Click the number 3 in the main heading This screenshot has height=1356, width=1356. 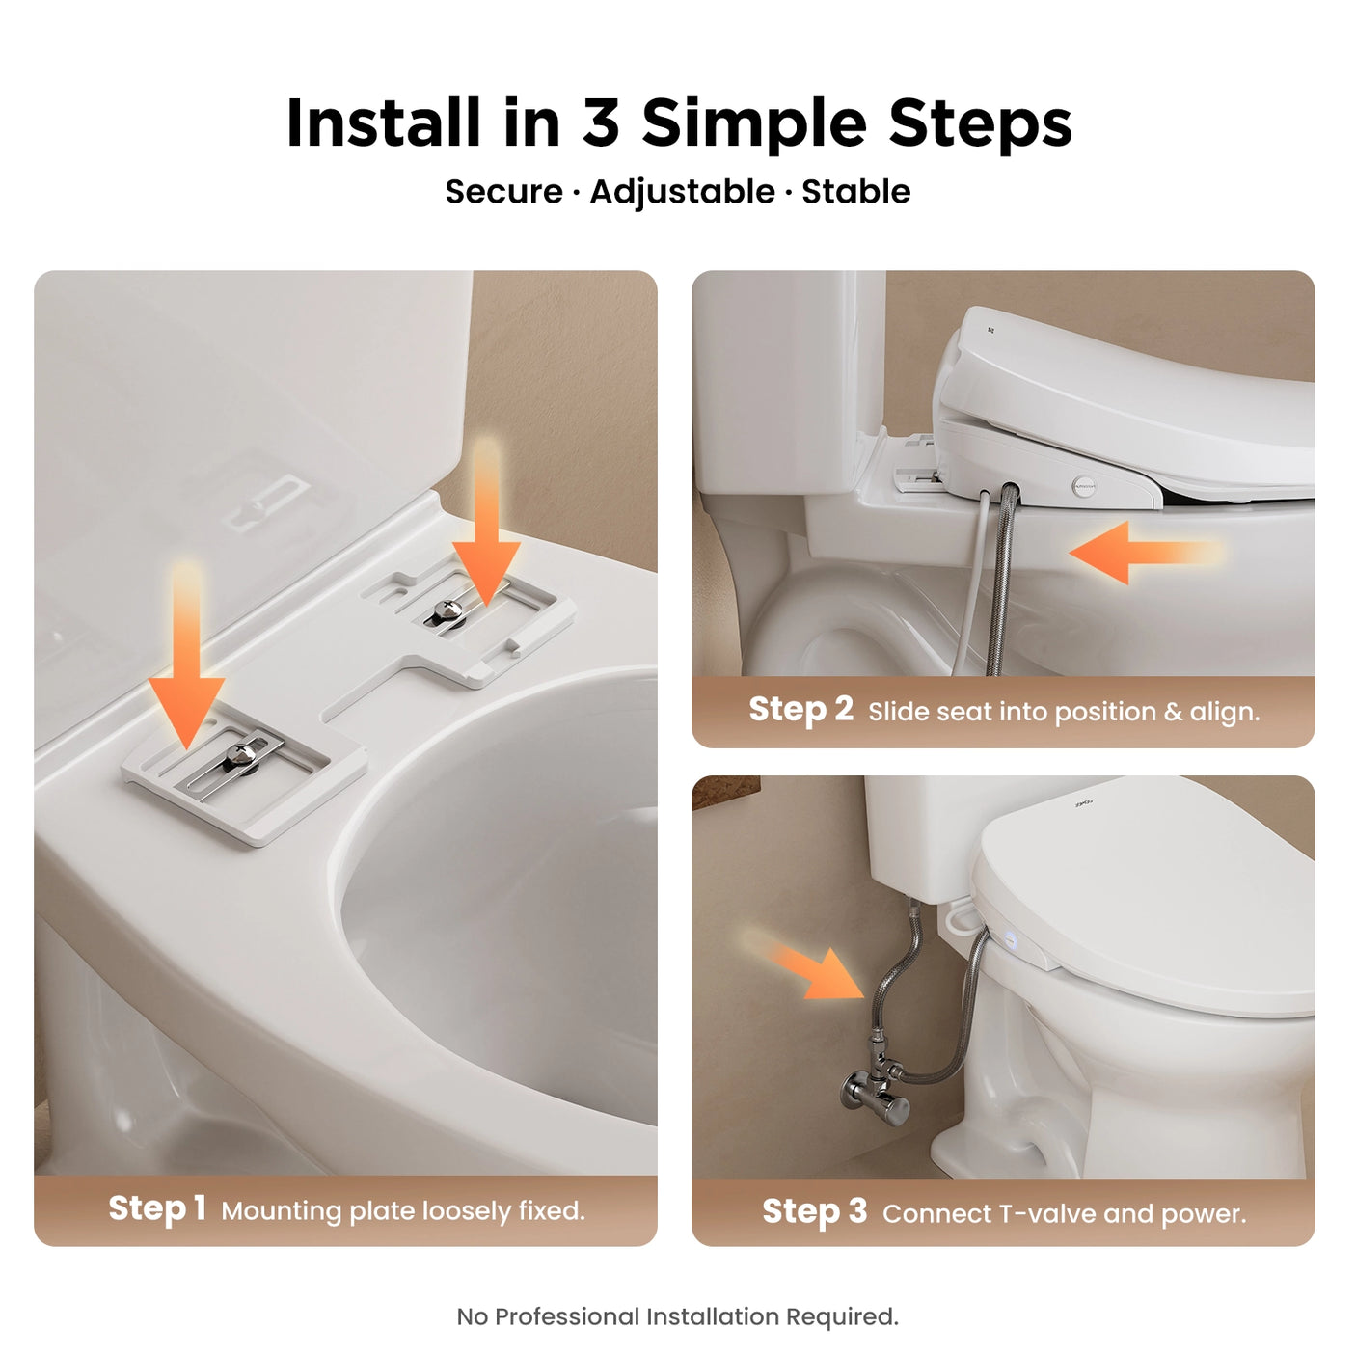[x=600, y=123]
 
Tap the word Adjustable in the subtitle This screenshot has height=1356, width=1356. [x=682, y=192]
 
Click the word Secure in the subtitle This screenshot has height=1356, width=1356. [x=503, y=192]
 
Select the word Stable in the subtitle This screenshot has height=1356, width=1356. [x=855, y=192]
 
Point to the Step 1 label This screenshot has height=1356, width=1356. [x=157, y=1208]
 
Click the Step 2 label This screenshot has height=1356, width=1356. [x=800, y=709]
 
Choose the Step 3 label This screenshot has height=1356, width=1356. [x=814, y=1211]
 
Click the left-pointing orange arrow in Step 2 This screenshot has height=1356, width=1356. [x=1138, y=553]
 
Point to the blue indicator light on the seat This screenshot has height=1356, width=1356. [x=1010, y=938]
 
